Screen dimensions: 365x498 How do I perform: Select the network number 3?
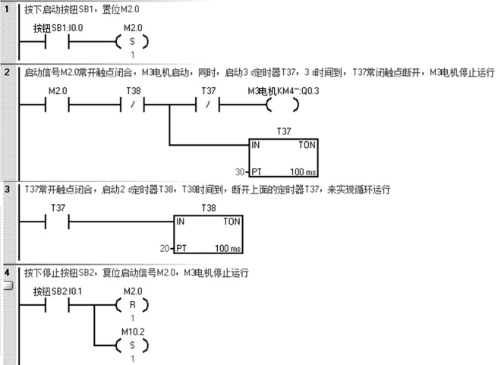coord(8,188)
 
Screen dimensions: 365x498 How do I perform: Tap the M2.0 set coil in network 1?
coord(131,41)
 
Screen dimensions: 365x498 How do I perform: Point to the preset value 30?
coord(241,172)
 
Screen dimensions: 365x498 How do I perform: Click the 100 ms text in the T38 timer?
coord(228,248)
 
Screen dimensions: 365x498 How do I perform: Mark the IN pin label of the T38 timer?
coord(180,222)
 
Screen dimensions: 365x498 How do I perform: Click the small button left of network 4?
coord(8,286)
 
